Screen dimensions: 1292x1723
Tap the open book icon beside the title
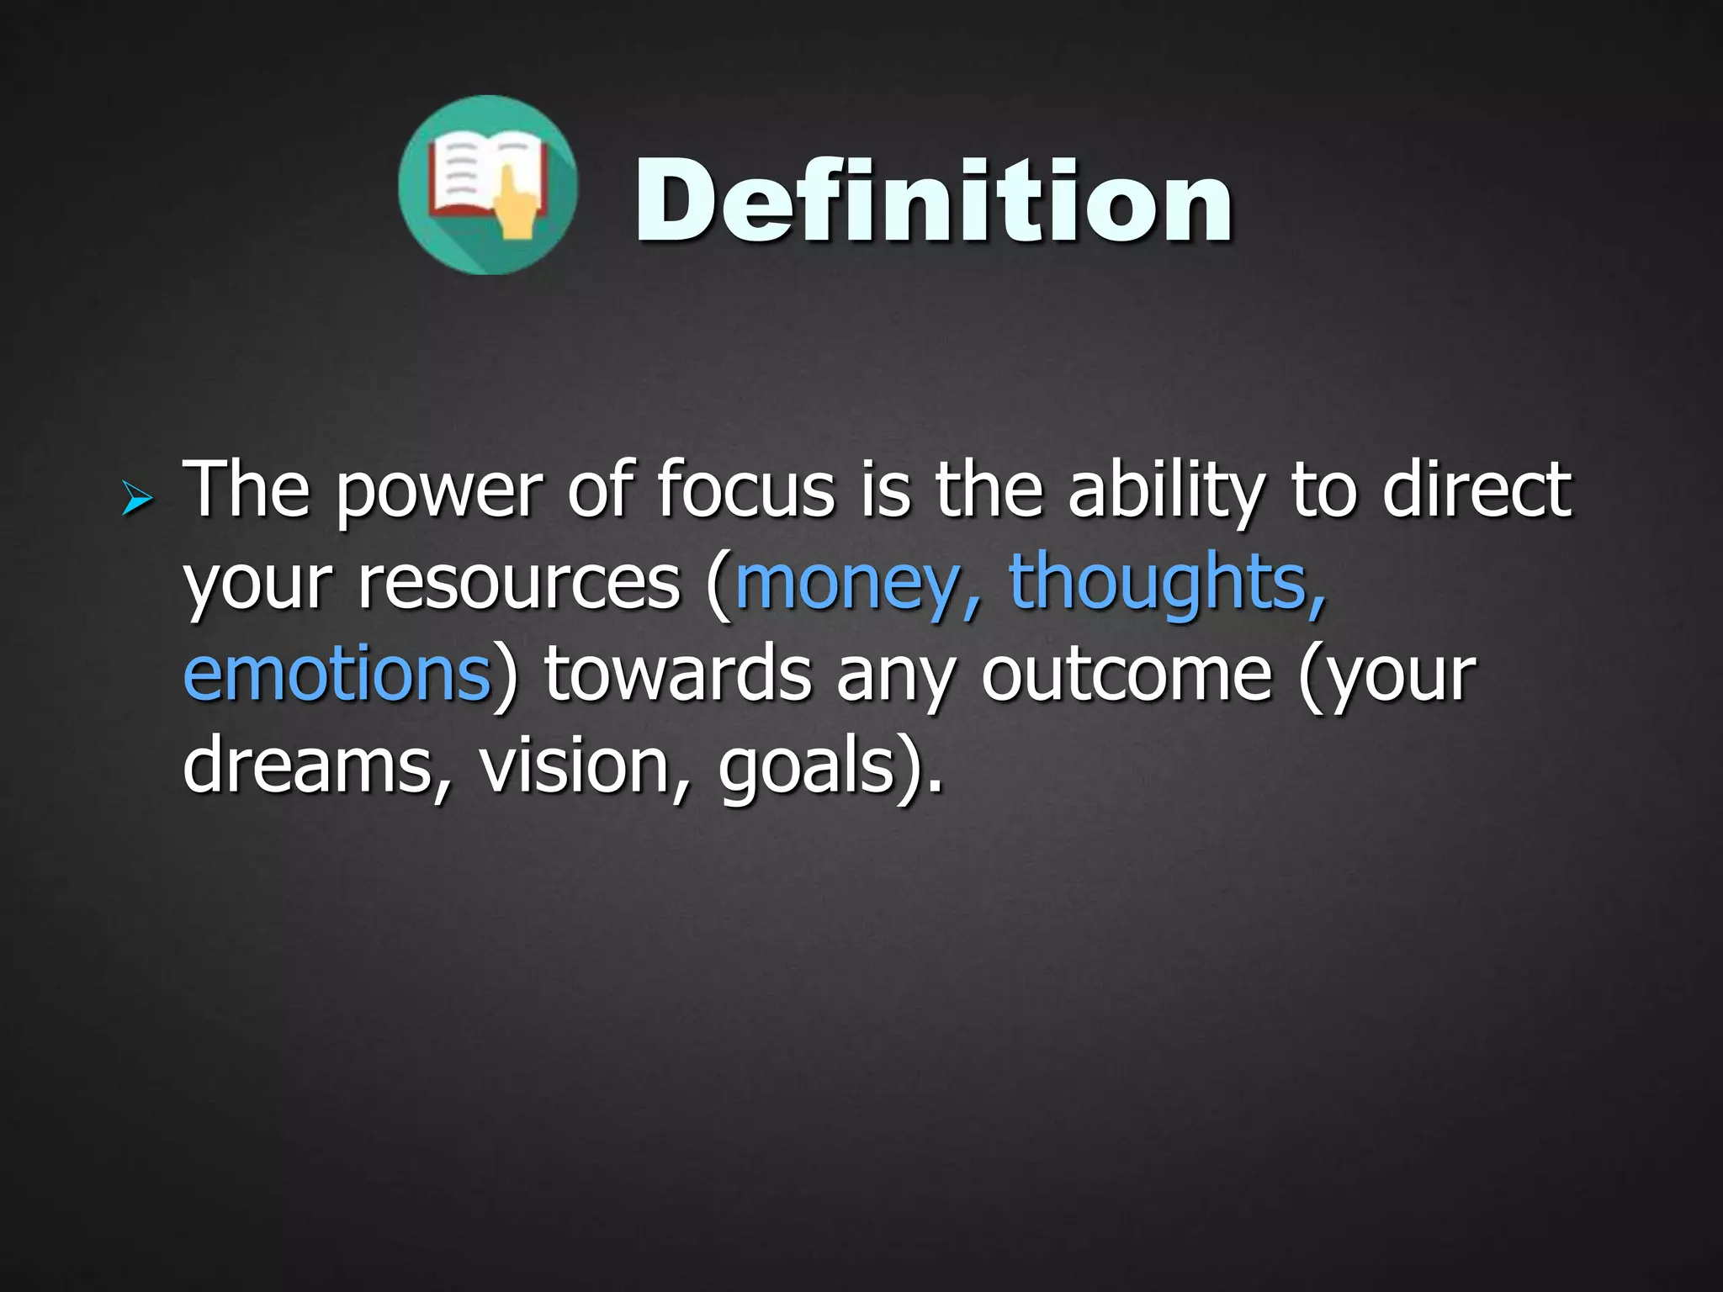(x=488, y=185)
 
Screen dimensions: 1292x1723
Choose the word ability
(x=1166, y=492)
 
